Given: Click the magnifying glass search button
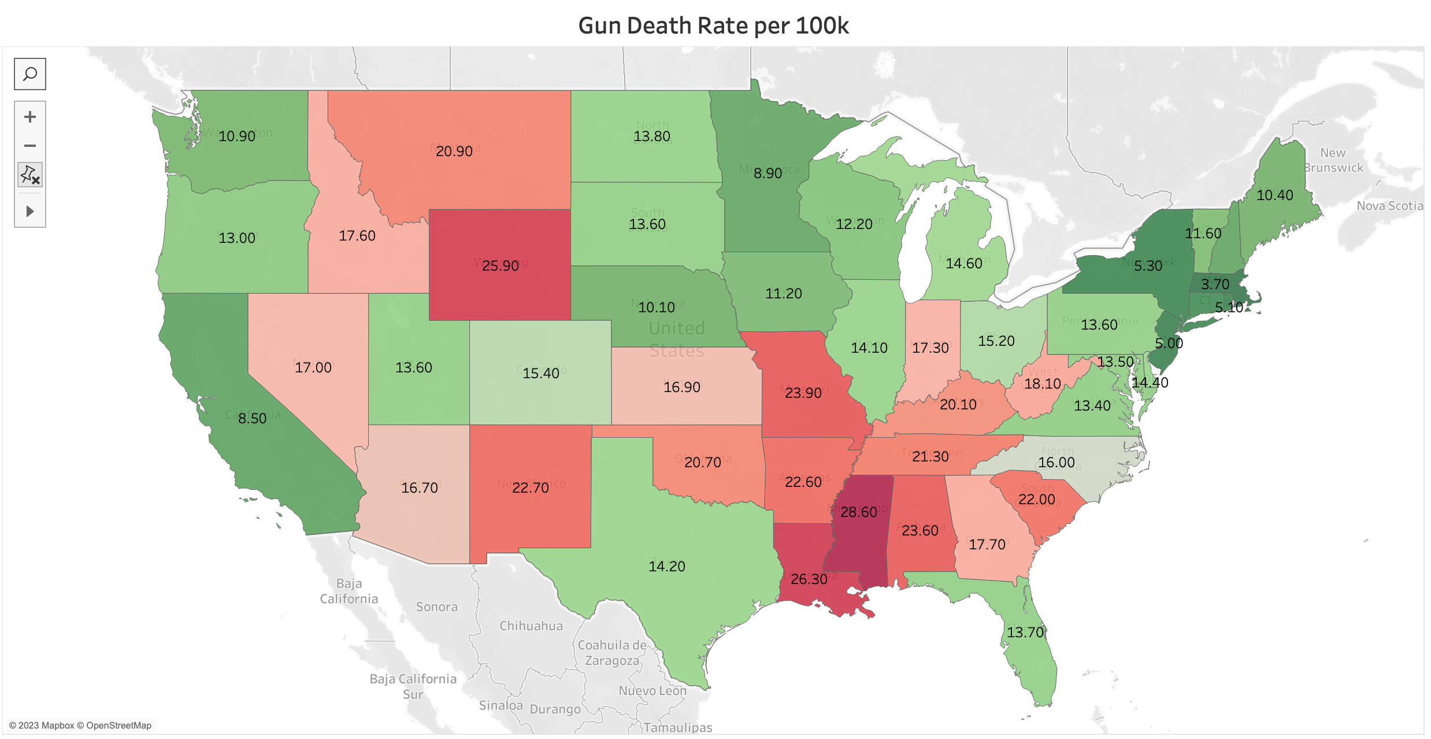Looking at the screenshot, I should click(x=30, y=74).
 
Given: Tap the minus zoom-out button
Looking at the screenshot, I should click(x=30, y=146).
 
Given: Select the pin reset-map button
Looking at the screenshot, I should click(x=30, y=175).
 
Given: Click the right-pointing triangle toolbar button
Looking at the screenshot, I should click(x=30, y=211).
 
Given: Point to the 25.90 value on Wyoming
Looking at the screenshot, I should click(x=501, y=265).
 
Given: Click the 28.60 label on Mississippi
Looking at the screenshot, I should click(x=859, y=512).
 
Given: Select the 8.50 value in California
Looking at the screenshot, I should click(x=253, y=418).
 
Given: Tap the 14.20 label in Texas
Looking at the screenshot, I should click(x=667, y=566).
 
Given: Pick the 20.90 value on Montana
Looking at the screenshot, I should click(x=454, y=151).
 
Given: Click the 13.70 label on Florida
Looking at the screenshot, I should click(x=1025, y=632).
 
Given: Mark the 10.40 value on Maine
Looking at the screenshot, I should click(x=1275, y=195).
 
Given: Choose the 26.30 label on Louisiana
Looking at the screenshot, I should click(x=809, y=579).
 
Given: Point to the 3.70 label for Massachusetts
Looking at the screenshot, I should click(x=1215, y=284).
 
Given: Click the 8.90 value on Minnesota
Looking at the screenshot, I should click(x=768, y=173).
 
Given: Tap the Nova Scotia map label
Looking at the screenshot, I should click(x=1389, y=206).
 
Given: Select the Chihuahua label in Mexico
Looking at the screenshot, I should click(x=531, y=626).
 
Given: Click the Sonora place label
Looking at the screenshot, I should click(x=437, y=607).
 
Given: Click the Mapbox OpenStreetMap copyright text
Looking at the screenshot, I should click(x=80, y=725).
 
